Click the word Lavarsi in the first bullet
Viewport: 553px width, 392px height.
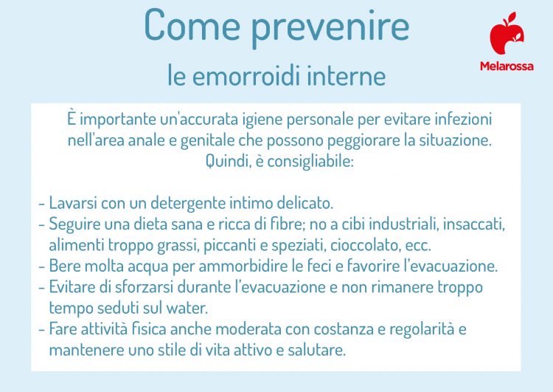(x=72, y=202)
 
